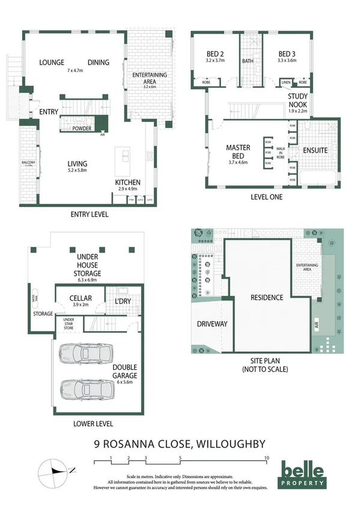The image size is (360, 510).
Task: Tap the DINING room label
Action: [99, 62]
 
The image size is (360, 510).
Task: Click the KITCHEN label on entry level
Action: [127, 182]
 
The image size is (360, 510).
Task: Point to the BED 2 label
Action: [215, 53]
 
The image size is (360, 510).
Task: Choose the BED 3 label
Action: [288, 53]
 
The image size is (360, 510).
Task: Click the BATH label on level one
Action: [248, 61]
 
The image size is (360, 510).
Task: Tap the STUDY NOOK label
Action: [297, 100]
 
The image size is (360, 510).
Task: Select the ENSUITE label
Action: [315, 150]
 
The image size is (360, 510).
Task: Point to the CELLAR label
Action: [80, 298]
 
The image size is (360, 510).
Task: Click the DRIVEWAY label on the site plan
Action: [212, 324]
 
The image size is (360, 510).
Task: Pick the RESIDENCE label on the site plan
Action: [267, 297]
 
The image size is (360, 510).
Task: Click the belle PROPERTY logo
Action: [304, 475]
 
